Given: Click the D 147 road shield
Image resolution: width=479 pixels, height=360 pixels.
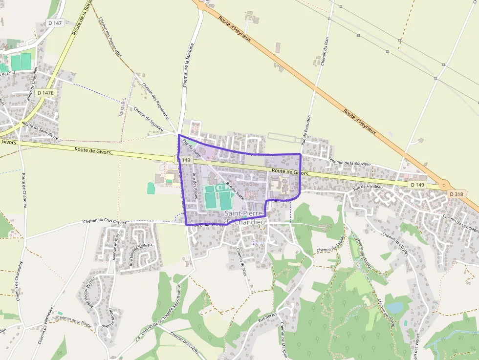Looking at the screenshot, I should (55, 23).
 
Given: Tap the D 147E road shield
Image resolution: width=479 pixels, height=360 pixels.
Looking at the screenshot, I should (45, 92).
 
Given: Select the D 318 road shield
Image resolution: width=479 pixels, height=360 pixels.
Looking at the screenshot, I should (456, 194).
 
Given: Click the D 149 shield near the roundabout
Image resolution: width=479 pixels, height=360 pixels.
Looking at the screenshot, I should (417, 185).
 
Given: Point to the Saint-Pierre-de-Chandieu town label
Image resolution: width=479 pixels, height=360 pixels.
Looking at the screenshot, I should (244, 218).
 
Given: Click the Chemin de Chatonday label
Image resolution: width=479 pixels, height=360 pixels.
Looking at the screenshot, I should (20, 280).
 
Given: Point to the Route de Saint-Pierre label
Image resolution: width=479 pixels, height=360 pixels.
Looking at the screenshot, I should (41, 128).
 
